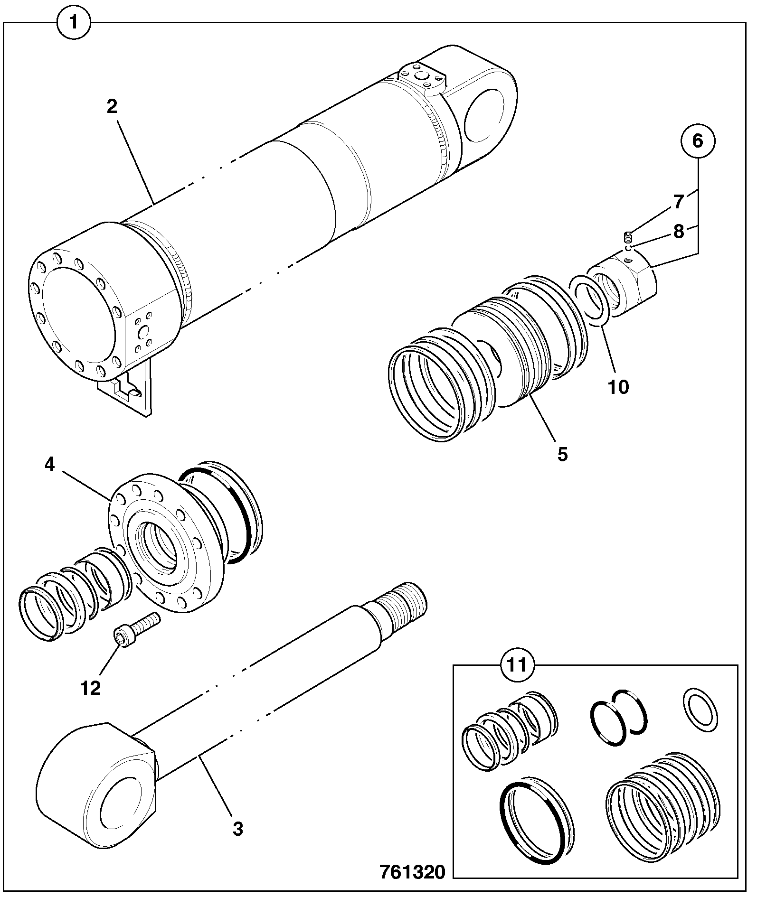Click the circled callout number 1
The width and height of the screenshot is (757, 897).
pyautogui.click(x=74, y=22)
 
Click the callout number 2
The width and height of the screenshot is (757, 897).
pyautogui.click(x=112, y=107)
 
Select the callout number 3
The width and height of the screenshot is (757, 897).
pyautogui.click(x=238, y=829)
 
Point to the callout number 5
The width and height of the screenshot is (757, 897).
pyautogui.click(x=562, y=454)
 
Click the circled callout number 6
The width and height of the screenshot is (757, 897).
pyautogui.click(x=697, y=141)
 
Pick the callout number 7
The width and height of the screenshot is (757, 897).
pyautogui.click(x=679, y=202)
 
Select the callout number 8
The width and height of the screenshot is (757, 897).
pyautogui.click(x=679, y=232)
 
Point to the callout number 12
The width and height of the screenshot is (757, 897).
pyautogui.click(x=91, y=688)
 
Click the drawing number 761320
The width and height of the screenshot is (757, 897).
pyautogui.click(x=412, y=872)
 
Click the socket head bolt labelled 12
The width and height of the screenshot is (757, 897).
pyautogui.click(x=136, y=628)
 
